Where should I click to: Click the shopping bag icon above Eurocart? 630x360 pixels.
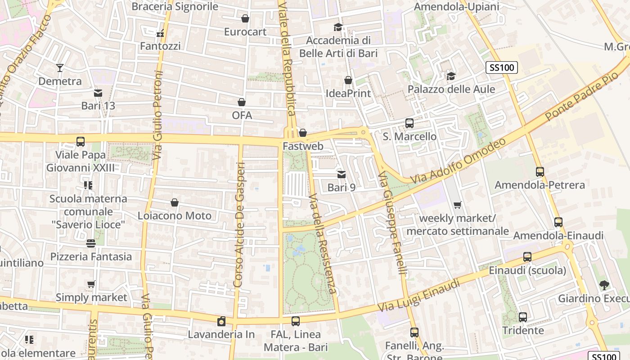pyautogui.click(x=245, y=18)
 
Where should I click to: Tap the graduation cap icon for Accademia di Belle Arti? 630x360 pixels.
pyautogui.click(x=338, y=27)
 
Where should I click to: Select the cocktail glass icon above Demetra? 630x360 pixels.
pyautogui.click(x=60, y=68)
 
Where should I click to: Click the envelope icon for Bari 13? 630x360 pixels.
pyautogui.click(x=98, y=93)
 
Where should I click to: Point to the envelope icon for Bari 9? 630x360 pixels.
pyautogui.click(x=342, y=174)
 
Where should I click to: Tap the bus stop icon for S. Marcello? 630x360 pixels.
pyautogui.click(x=409, y=123)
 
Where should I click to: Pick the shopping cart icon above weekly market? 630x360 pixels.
pyautogui.click(x=458, y=205)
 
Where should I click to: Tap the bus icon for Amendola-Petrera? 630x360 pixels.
pyautogui.click(x=540, y=171)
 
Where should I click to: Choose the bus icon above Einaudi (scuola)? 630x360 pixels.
pyautogui.click(x=527, y=257)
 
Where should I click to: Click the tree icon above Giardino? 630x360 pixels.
pyautogui.click(x=603, y=285)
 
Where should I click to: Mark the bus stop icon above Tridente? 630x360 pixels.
pyautogui.click(x=522, y=317)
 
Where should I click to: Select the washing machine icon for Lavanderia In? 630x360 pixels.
pyautogui.click(x=221, y=321)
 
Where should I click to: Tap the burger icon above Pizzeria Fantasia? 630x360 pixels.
pyautogui.click(x=91, y=243)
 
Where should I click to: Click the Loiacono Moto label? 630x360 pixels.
pyautogui.click(x=174, y=216)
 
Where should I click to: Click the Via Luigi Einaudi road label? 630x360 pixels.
pyautogui.click(x=419, y=296)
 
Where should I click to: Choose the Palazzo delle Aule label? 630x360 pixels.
pyautogui.click(x=451, y=89)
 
